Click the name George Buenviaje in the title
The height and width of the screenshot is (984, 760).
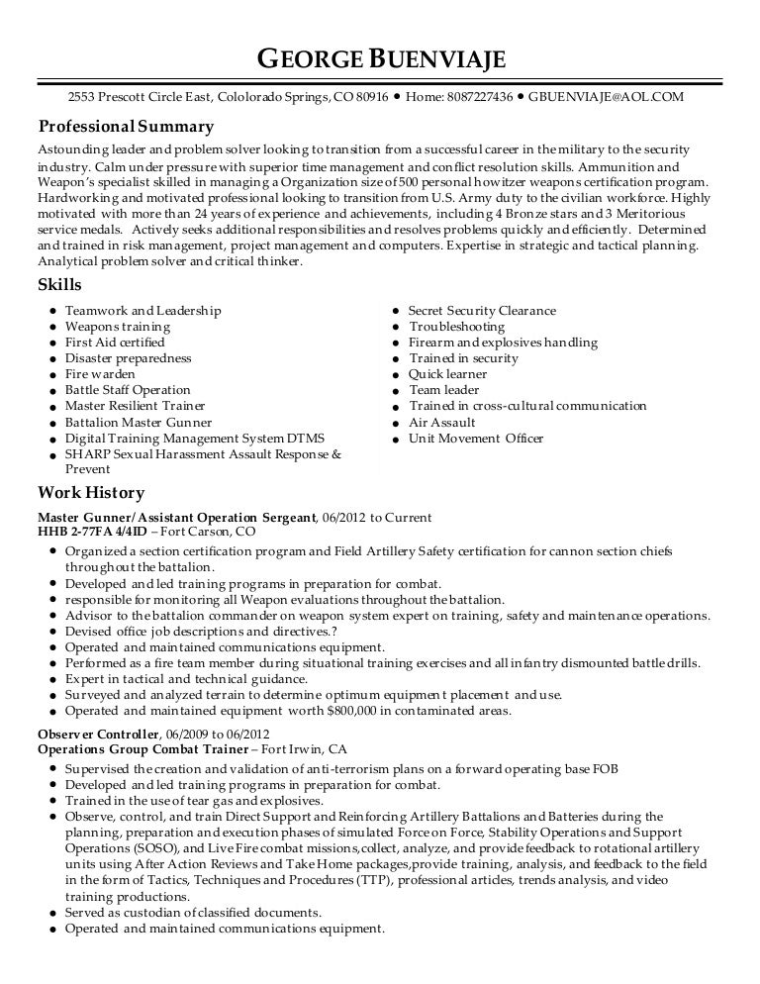[381, 62]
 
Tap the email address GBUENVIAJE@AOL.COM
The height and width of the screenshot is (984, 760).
[606, 98]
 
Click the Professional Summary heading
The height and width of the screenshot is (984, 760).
[126, 127]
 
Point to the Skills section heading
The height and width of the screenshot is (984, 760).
[59, 285]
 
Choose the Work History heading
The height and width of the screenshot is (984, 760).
[91, 492]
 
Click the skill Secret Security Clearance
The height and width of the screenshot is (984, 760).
[482, 311]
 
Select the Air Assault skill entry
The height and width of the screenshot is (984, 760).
[440, 422]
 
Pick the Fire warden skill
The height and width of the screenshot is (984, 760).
[100, 374]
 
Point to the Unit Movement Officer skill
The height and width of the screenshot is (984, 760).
[476, 438]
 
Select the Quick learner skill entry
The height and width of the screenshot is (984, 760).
[447, 374]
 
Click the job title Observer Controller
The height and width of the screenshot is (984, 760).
[98, 734]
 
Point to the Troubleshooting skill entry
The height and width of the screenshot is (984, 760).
[456, 327]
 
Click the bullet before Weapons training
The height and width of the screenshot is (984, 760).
[50, 327]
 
